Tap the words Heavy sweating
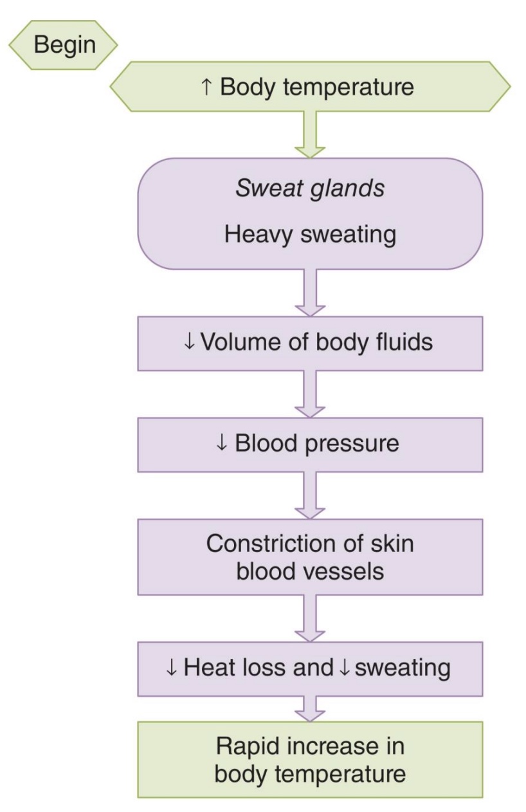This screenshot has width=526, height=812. (x=310, y=235)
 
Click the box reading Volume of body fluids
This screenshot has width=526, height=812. (x=309, y=342)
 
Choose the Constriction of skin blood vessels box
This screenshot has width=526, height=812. (x=309, y=557)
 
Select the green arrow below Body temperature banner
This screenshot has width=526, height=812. (x=310, y=133)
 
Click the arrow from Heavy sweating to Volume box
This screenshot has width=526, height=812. (x=310, y=292)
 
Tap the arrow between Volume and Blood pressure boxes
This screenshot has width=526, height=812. (x=310, y=394)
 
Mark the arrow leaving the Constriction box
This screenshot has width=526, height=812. (x=310, y=618)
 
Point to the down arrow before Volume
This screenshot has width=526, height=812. (x=189, y=343)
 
